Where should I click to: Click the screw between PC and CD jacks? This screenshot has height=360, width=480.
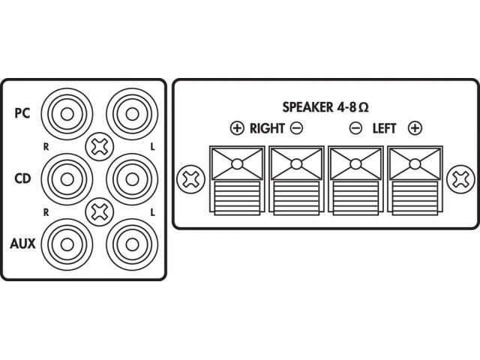[97, 146]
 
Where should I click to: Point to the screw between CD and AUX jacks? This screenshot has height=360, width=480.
[97, 211]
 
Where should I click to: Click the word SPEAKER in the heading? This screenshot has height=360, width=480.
[306, 106]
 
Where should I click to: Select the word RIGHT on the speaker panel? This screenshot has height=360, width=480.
[266, 128]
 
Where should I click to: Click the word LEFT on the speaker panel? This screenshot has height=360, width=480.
[385, 128]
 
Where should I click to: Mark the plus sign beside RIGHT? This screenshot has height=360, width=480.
[237, 128]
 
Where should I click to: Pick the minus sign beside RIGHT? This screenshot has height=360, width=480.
[296, 128]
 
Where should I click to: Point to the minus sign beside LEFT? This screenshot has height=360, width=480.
[355, 128]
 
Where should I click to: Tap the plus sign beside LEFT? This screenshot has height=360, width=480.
[414, 128]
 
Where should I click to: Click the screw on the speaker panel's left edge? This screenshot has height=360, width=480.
[188, 180]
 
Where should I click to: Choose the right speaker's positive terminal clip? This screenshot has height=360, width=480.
[236, 180]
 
